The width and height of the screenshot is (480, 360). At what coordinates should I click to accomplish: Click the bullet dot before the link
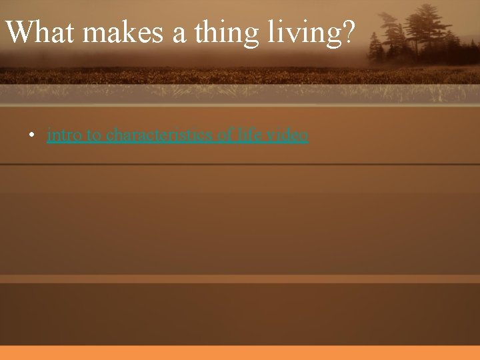coord(31,136)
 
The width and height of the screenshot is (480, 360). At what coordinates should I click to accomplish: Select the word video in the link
coord(287,135)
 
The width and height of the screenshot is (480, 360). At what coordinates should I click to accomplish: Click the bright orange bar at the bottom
coord(240,353)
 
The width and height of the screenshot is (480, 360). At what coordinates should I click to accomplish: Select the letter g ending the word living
coord(336,35)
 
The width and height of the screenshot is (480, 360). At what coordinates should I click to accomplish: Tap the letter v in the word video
coord(270,136)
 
